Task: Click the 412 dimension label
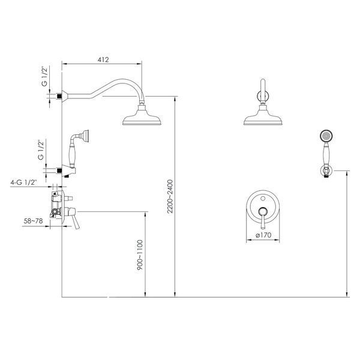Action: (103, 59)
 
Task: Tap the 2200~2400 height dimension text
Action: (170, 197)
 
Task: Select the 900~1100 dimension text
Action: (140, 255)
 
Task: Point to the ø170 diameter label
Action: (263, 235)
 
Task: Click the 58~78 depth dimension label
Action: (33, 221)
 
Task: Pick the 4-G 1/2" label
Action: (23, 182)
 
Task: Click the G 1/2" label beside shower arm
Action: (44, 76)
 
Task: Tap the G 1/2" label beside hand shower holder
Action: (41, 149)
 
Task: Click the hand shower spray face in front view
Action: (326, 136)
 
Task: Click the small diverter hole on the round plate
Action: (263, 198)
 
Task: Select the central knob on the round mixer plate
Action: (263, 211)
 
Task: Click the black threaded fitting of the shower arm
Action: (59, 96)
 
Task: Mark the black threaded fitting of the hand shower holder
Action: (59, 170)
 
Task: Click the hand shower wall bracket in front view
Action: (326, 171)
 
